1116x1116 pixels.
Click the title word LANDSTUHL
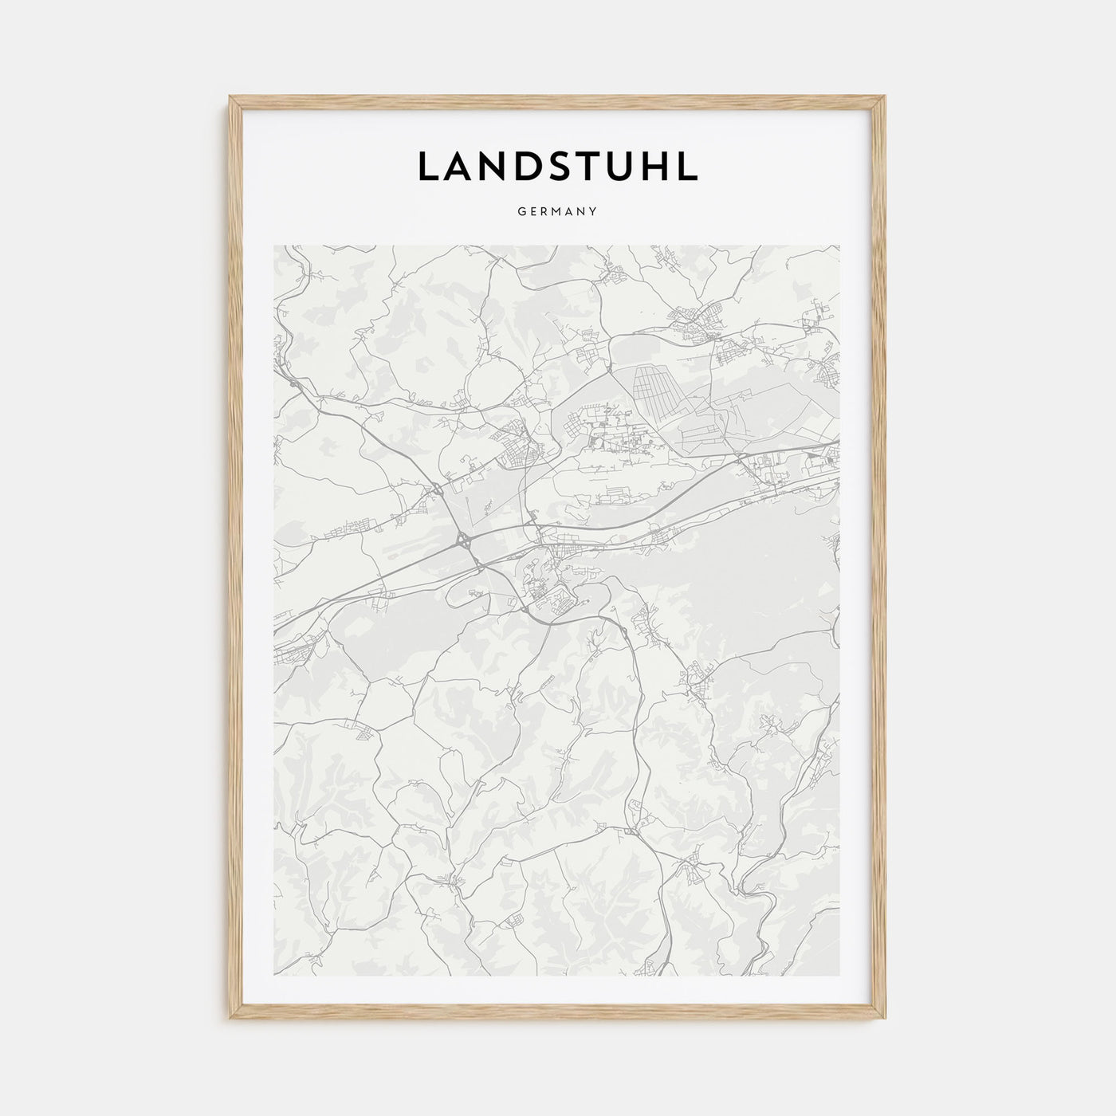[x=557, y=166]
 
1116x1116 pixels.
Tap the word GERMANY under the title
[x=558, y=212]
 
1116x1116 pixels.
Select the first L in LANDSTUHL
[x=428, y=166]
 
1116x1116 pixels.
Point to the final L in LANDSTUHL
[x=689, y=166]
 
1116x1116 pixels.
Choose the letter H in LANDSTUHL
[x=658, y=166]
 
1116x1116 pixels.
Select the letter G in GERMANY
[x=521, y=212]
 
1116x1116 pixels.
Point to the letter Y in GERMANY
[x=595, y=212]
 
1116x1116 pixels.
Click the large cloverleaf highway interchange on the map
[x=463, y=541]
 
